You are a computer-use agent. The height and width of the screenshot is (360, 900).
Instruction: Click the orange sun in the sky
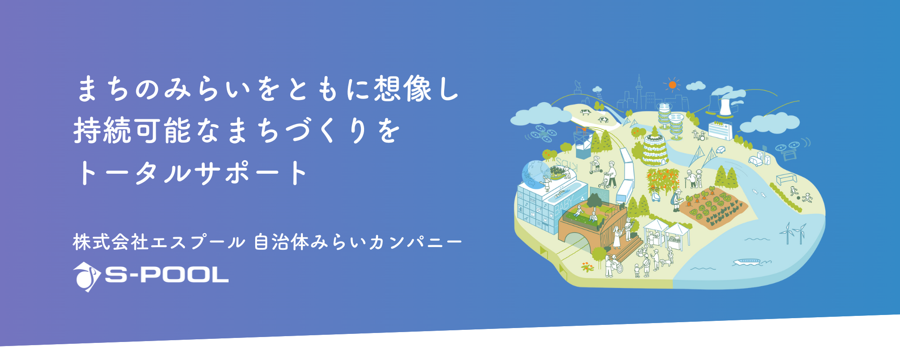click(x=672, y=85)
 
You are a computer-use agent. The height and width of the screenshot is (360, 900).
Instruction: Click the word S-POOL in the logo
click(x=166, y=274)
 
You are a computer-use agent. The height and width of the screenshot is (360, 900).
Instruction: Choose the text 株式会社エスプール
click(x=159, y=242)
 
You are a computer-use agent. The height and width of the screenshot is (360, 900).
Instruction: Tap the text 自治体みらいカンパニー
click(x=358, y=242)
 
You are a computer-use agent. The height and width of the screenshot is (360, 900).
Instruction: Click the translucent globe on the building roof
click(x=535, y=175)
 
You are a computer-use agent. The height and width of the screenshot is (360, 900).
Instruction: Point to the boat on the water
click(x=747, y=261)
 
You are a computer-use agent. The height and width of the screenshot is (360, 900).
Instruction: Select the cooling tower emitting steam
click(x=724, y=107)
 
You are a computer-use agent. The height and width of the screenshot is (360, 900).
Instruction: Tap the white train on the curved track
click(x=626, y=175)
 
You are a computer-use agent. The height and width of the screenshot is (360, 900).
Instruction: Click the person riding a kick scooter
click(x=595, y=165)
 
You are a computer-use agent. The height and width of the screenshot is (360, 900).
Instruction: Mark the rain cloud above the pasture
click(x=597, y=90)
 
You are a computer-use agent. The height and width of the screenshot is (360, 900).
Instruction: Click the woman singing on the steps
click(x=616, y=236)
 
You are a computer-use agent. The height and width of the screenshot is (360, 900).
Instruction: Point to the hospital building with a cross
click(x=720, y=130)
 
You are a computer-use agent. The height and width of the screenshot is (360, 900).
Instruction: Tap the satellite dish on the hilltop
click(x=578, y=85)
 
